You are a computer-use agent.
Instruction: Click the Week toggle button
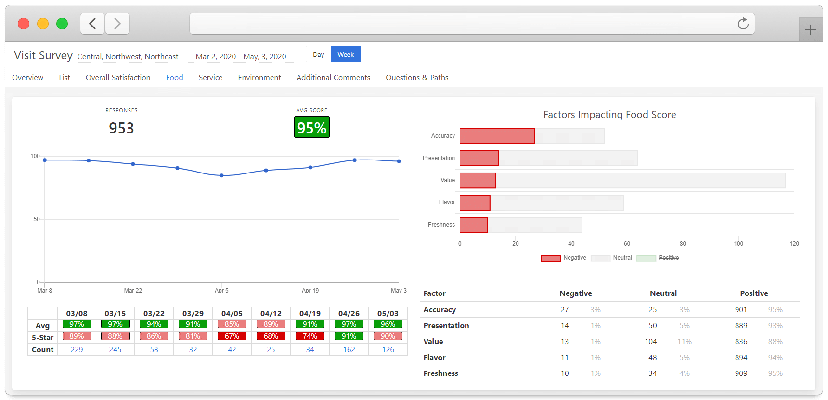coord(346,54)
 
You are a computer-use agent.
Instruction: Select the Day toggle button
coord(318,54)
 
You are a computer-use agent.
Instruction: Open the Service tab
coord(210,78)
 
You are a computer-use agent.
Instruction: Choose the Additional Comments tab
coord(333,78)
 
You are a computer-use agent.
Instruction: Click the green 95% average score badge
coord(312,128)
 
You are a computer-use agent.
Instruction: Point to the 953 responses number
coord(121,128)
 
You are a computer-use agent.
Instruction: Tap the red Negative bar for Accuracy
coord(497,136)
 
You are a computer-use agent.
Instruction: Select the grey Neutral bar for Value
coord(640,181)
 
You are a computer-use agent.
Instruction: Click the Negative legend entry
coord(563,258)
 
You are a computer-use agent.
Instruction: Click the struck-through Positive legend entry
coord(658,258)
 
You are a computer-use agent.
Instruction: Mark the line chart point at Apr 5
coord(221,175)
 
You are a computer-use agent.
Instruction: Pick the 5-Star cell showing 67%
coord(232,336)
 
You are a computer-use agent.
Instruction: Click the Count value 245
coord(115,350)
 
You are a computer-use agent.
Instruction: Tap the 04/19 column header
coord(310,314)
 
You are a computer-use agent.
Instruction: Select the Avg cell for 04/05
coord(232,324)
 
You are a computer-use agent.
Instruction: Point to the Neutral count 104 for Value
coord(651,342)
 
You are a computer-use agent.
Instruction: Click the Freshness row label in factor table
coord(440,373)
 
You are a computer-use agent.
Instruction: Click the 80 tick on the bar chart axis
coord(683,244)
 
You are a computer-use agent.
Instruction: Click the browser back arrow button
coord(93,24)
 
